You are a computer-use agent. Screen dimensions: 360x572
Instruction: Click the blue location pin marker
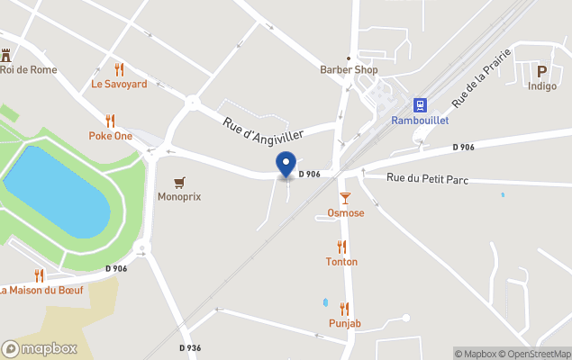point(286,165)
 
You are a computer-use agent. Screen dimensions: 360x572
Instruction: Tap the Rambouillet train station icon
point(420,104)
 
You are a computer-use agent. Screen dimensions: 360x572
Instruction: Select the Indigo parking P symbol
point(542,72)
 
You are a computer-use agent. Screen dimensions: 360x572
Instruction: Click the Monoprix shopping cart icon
point(179,182)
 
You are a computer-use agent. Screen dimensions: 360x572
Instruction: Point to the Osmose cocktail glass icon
point(345,198)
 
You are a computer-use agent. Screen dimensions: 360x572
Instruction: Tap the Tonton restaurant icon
point(341,247)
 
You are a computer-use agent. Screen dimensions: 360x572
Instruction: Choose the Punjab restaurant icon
point(344,309)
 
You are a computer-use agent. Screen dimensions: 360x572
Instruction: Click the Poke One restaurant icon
point(111,121)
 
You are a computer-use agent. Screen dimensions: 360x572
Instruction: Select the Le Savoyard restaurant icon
point(119,69)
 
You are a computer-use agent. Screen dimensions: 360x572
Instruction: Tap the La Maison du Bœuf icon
point(39,275)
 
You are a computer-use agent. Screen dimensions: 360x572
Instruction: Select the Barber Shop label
point(349,69)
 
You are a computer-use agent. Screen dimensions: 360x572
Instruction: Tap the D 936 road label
point(189,347)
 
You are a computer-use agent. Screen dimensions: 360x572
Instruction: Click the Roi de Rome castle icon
point(6,55)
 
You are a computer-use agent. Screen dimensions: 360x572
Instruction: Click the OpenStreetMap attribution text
point(534,354)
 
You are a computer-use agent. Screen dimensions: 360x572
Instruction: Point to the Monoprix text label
point(179,195)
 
